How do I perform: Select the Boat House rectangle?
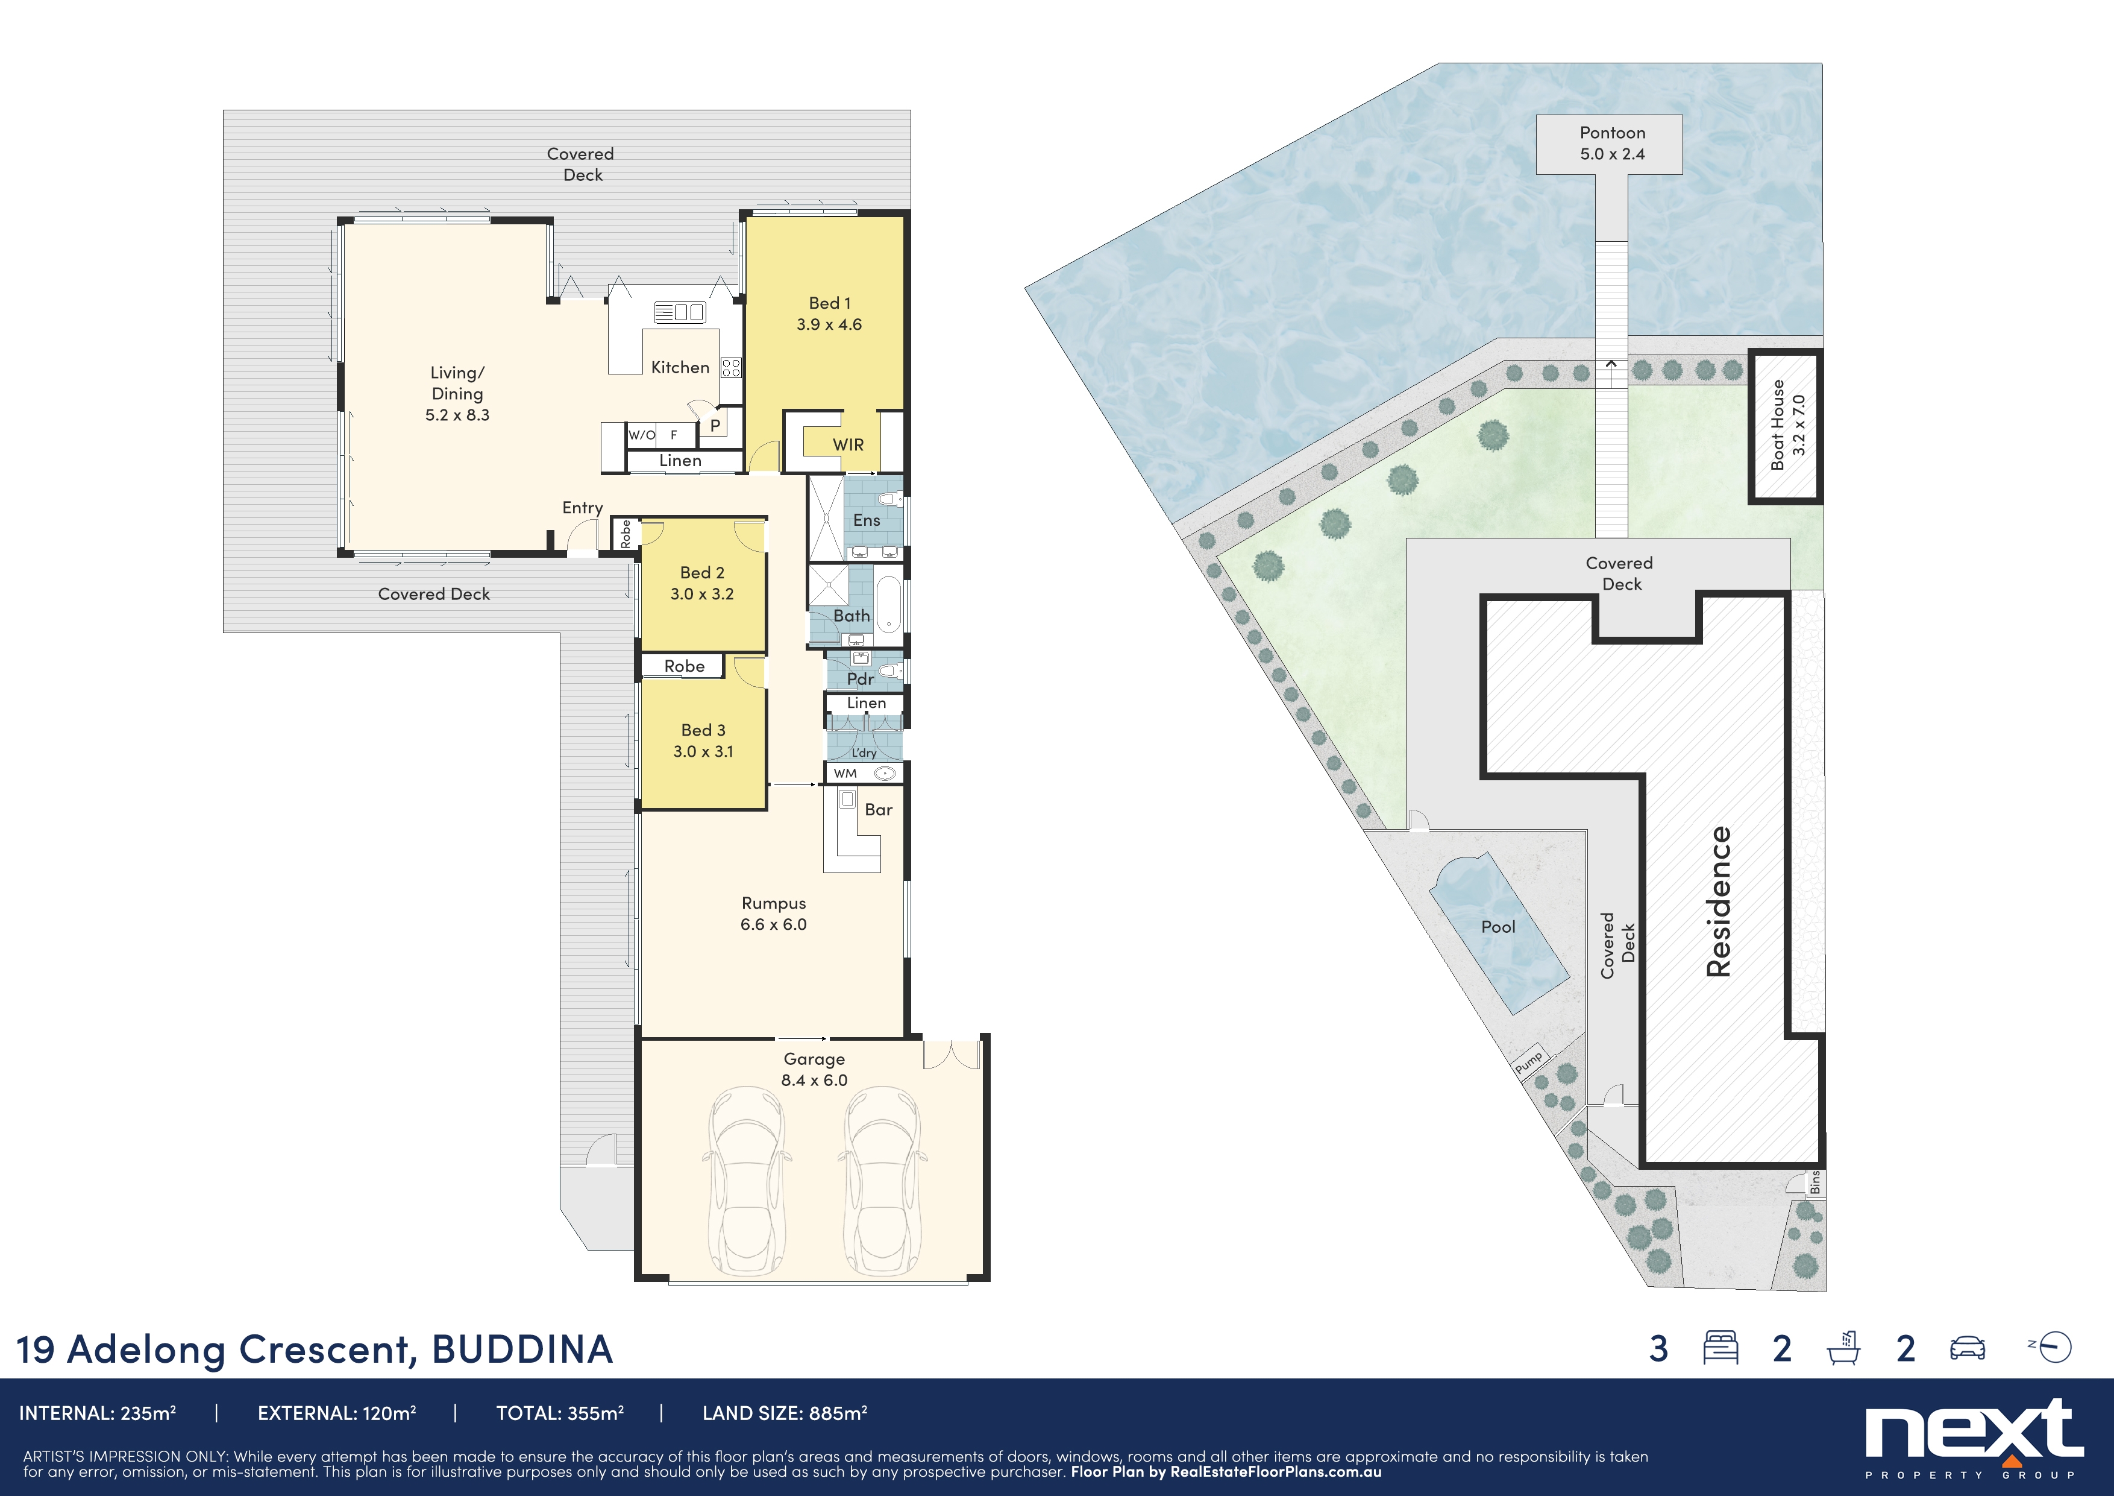click(x=1786, y=426)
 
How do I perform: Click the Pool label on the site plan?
click(x=1498, y=927)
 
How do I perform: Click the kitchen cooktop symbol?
click(x=731, y=368)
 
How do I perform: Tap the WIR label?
click(x=848, y=445)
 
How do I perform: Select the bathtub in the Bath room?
click(x=888, y=604)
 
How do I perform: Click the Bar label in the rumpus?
click(x=879, y=810)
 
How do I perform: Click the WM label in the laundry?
click(x=845, y=773)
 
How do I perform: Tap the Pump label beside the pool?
click(x=1528, y=1062)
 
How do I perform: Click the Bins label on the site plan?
click(x=1814, y=1182)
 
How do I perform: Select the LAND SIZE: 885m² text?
click(x=785, y=1413)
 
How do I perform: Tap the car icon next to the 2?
click(x=1967, y=1349)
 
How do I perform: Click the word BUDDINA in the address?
click(x=522, y=1349)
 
